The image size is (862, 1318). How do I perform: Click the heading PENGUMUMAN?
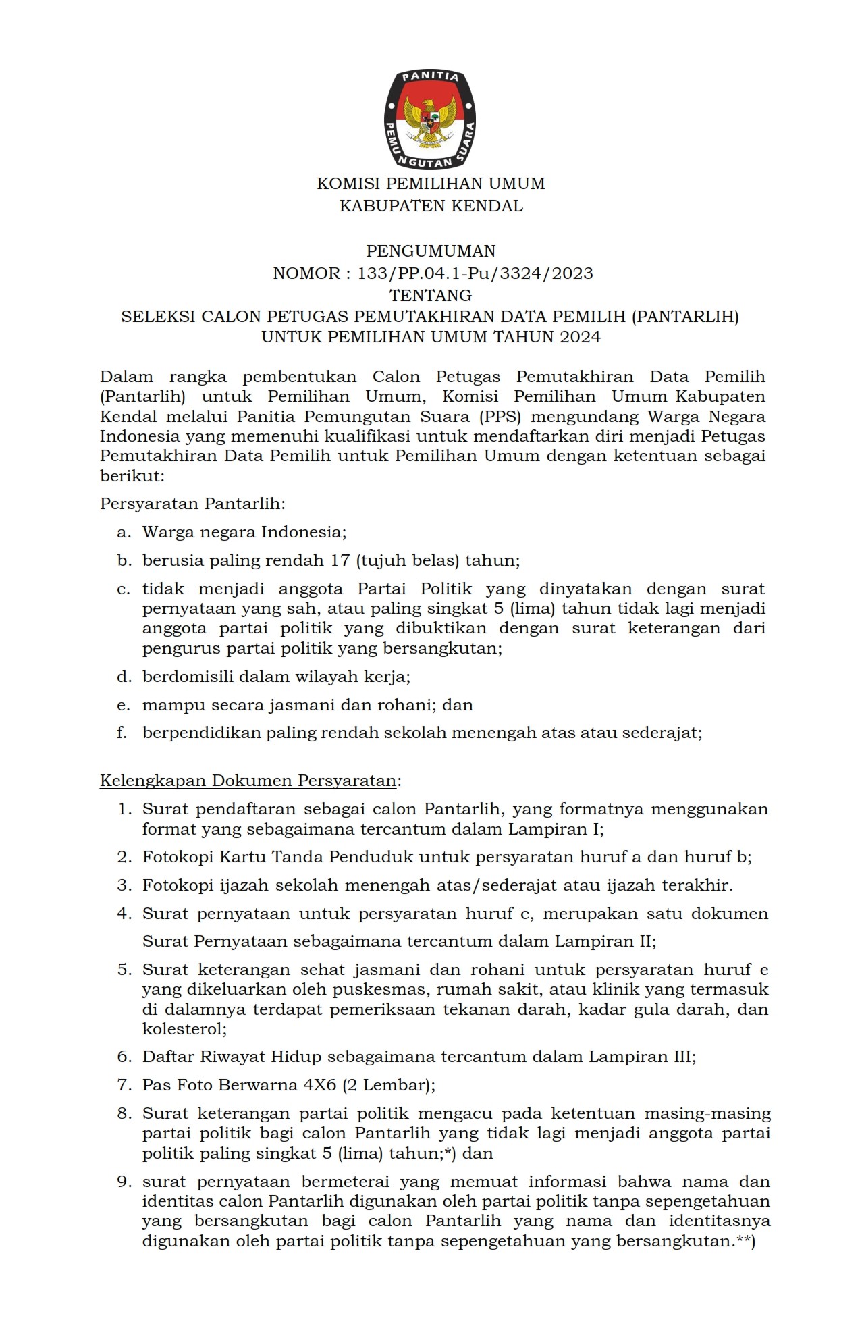point(431,251)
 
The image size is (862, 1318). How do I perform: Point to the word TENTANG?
point(431,295)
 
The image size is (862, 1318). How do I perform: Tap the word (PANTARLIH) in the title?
point(684,317)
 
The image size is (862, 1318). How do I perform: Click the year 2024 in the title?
point(580,337)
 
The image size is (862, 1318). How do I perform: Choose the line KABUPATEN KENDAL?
point(431,206)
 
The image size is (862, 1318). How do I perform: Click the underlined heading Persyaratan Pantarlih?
point(190,504)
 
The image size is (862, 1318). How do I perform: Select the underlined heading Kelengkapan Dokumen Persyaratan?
point(248,781)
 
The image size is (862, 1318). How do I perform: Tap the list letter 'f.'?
point(122,733)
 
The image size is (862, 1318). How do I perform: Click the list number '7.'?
point(124,1085)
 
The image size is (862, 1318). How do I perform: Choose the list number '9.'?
point(124,1182)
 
